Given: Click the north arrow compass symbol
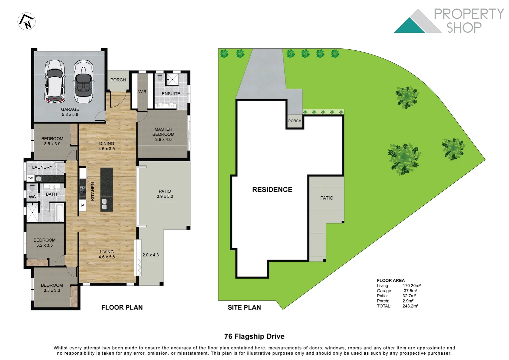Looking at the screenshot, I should [27, 21].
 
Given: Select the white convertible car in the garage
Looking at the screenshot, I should [84, 82].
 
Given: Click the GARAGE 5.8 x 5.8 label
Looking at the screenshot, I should [70, 112].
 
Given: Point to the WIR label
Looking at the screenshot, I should [142, 92].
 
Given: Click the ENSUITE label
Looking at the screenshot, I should [171, 94].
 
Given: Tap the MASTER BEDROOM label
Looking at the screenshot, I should [163, 134].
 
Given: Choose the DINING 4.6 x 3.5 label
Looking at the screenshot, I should [107, 146].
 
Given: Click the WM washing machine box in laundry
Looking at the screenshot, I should [31, 178].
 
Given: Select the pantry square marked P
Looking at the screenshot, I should [83, 205].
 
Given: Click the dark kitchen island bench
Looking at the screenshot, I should [107, 189].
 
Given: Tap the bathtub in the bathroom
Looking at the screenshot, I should [60, 212].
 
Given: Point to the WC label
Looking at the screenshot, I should [32, 197].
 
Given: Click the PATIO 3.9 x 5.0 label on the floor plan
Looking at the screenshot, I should [165, 194].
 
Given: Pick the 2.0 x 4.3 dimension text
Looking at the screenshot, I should [151, 255].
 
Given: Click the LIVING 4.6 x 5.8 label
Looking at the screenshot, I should [107, 254].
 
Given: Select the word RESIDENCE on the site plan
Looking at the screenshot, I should [272, 190].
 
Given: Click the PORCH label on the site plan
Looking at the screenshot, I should [295, 121].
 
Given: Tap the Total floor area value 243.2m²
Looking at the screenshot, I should [410, 306].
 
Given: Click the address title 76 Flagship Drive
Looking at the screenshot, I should [254, 336].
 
